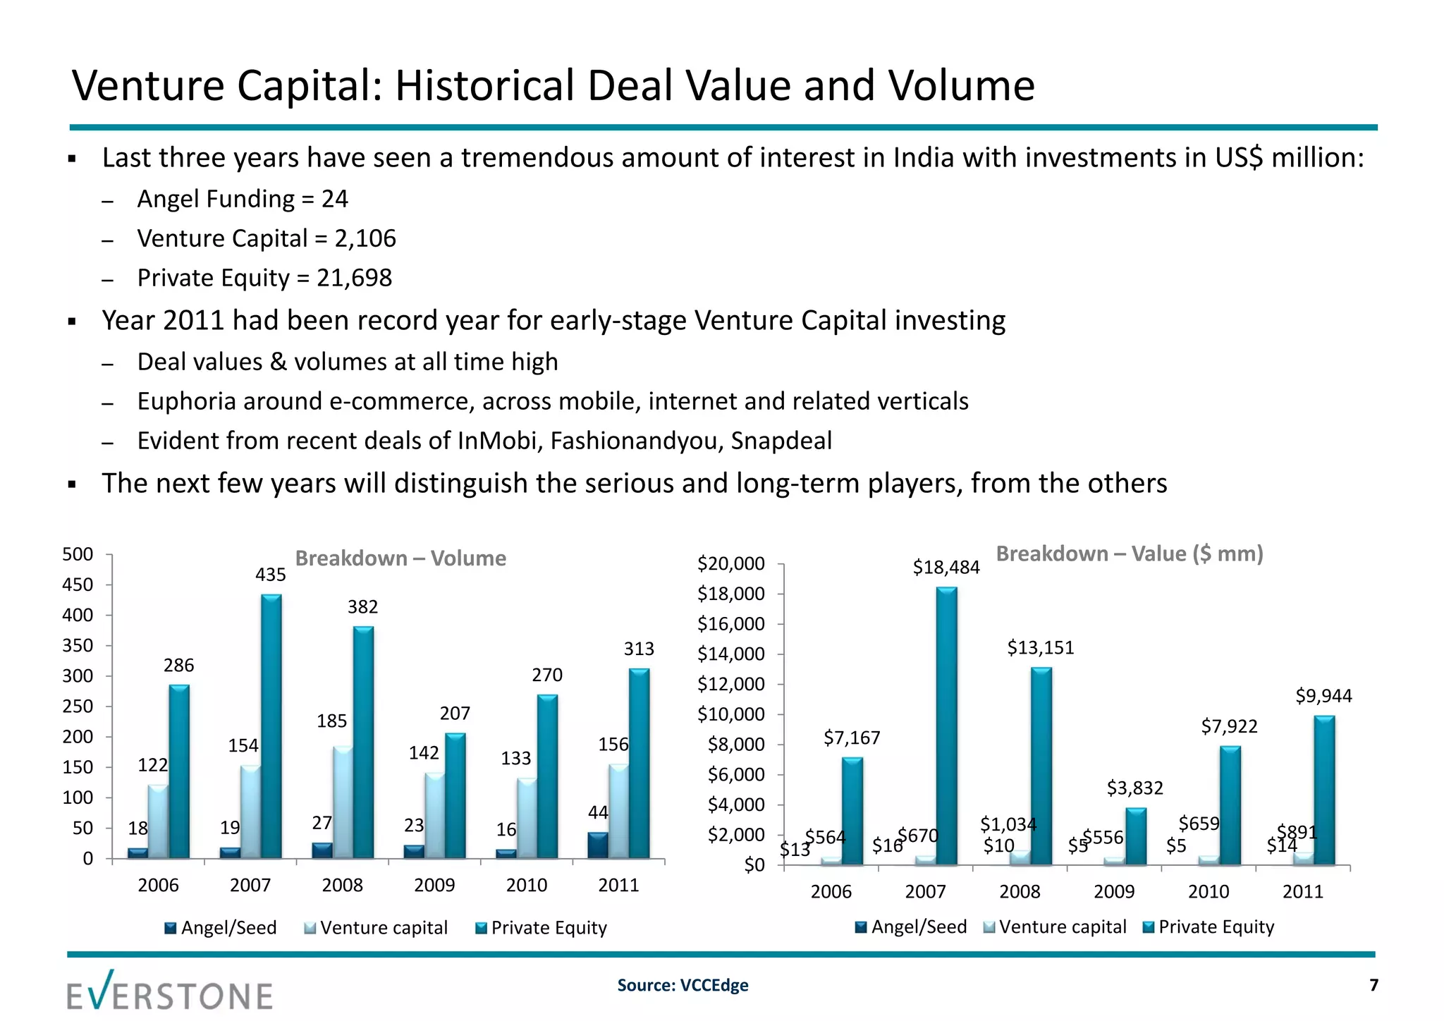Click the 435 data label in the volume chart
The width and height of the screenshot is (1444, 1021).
click(271, 575)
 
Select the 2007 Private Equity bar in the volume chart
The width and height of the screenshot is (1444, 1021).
click(271, 726)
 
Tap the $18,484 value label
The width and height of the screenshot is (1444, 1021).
click(946, 568)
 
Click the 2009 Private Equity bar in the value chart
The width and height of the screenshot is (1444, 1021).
click(1135, 837)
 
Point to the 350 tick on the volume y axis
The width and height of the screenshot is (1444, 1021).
click(78, 646)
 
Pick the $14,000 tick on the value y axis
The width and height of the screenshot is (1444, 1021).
click(731, 654)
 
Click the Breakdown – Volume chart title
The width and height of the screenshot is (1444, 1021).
click(400, 558)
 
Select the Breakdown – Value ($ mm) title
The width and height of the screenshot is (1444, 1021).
click(1130, 554)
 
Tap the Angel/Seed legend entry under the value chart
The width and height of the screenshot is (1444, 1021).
click(911, 927)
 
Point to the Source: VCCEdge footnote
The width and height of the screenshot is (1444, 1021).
click(683, 985)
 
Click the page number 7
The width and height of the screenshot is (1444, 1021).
click(1373, 985)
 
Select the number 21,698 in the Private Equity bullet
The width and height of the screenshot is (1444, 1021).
click(354, 278)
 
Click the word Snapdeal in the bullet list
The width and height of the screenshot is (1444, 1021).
click(781, 441)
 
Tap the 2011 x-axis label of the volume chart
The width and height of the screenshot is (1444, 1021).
click(618, 886)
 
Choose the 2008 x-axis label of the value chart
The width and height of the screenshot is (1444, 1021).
click(1020, 892)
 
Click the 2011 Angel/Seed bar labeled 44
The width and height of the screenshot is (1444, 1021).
click(597, 845)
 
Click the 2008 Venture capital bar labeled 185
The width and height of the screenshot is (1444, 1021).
click(343, 802)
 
